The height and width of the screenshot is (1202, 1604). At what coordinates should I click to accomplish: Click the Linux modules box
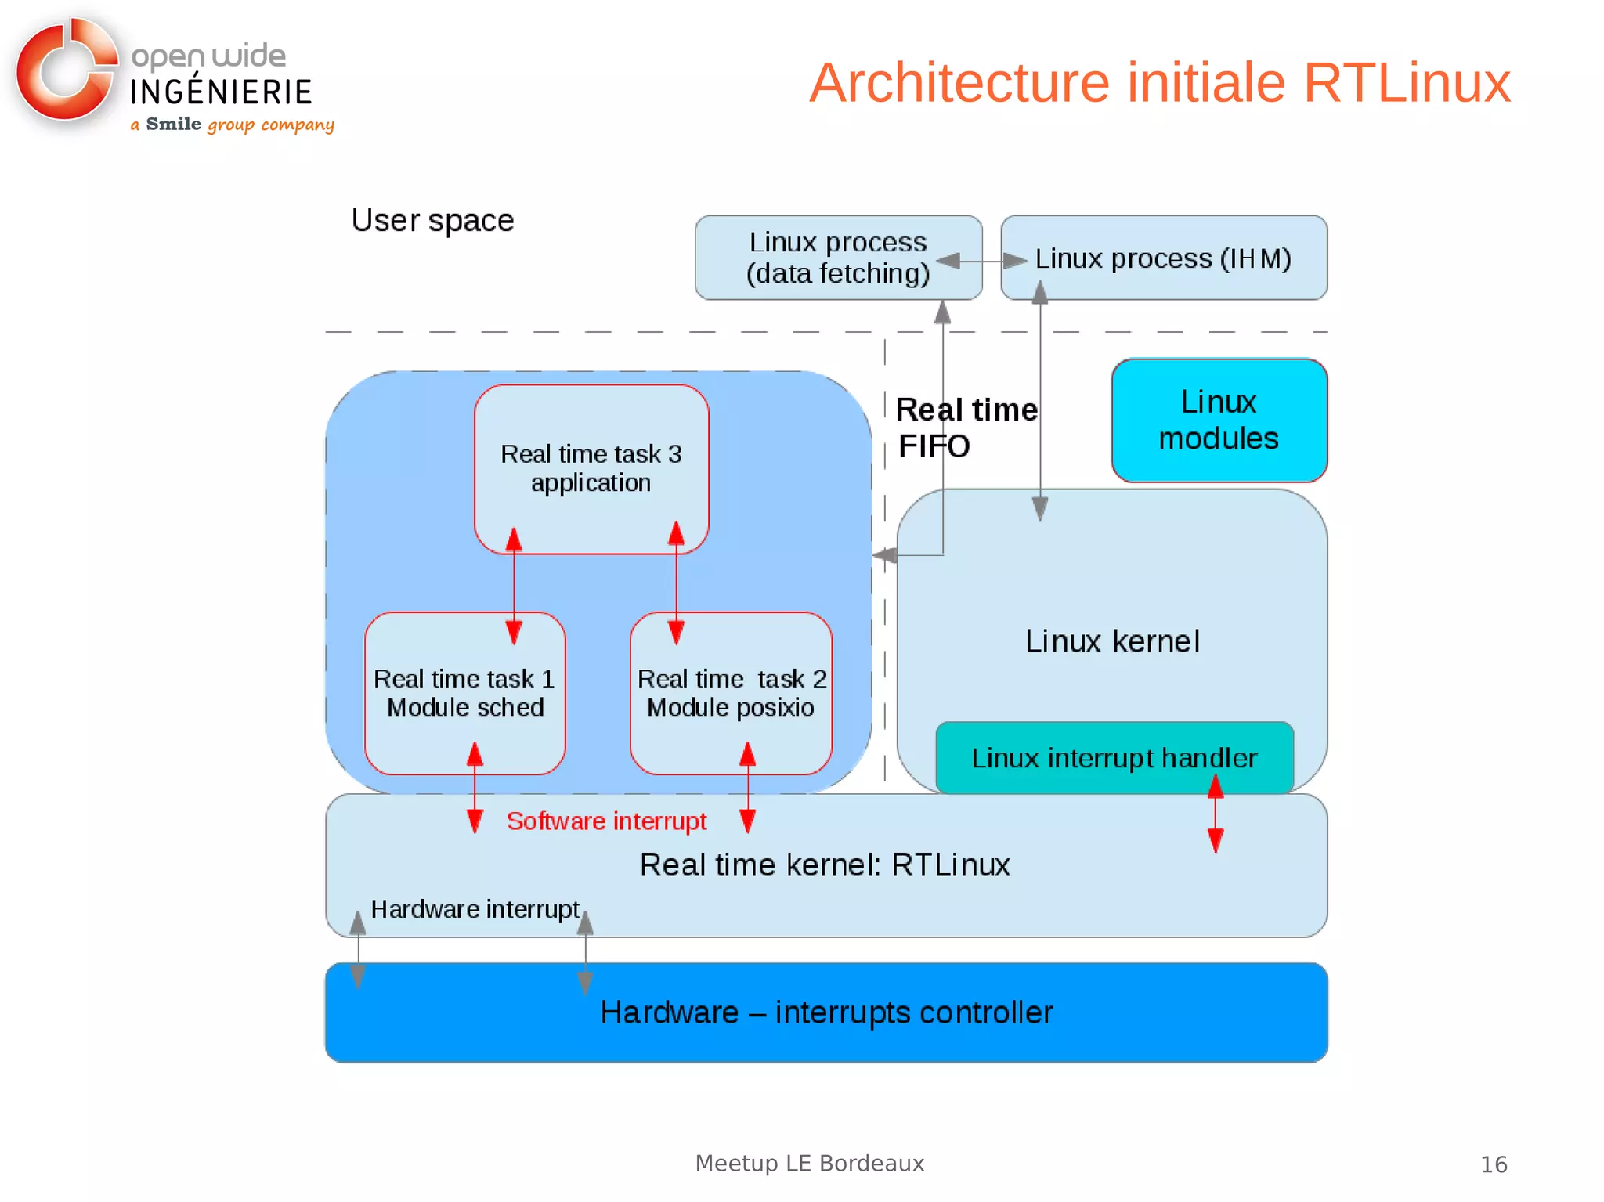(x=1219, y=421)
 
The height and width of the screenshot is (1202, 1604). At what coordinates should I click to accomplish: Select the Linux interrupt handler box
(x=1114, y=757)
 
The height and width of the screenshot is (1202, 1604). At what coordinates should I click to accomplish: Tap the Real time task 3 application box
(x=591, y=468)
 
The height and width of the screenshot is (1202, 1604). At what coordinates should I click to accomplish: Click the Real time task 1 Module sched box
(x=464, y=693)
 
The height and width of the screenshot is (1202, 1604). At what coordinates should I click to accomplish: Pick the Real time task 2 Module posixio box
(x=731, y=693)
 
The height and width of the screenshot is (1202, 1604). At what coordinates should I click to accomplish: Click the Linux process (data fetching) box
(x=838, y=258)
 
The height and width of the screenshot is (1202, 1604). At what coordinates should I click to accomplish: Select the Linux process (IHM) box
(x=1164, y=258)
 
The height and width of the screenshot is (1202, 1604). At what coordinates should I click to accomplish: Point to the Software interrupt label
(x=606, y=821)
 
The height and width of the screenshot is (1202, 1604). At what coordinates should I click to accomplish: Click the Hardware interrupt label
(x=475, y=909)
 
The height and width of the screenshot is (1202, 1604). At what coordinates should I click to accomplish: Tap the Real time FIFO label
(x=965, y=428)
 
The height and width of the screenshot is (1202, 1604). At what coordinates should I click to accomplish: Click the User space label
(x=432, y=220)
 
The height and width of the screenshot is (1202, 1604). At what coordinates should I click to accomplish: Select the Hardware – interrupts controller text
(x=826, y=1012)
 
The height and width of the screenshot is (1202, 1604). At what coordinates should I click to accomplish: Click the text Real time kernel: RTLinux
(x=825, y=865)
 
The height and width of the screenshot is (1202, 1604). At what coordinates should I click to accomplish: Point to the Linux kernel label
(x=1112, y=641)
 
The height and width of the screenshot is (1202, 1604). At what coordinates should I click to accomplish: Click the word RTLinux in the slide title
(x=1407, y=83)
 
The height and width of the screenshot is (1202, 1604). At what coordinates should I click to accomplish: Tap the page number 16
(x=1494, y=1164)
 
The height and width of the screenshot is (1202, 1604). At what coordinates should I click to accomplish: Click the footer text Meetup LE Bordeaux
(x=810, y=1163)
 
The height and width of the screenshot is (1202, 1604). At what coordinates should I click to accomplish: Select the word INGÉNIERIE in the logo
(x=221, y=92)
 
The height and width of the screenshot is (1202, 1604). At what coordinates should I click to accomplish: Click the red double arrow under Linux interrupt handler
(x=1216, y=814)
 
